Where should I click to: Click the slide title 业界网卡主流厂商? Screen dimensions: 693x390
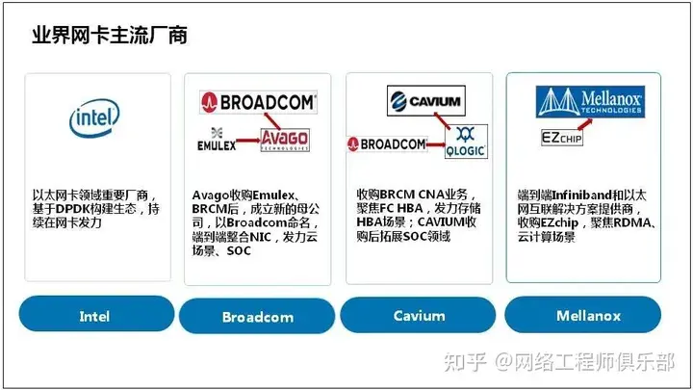coord(110,35)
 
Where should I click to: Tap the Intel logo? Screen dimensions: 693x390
coord(94,117)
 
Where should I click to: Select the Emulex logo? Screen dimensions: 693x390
coord(217,140)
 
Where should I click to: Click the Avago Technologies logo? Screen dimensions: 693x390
coord(285,140)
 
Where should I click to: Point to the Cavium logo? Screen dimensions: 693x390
coord(426,101)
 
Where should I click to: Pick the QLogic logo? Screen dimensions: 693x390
coord(466,142)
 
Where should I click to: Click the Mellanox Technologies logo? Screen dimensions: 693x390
coord(590,102)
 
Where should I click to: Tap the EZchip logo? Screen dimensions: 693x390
coord(562,138)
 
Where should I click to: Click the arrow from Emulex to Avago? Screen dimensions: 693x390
coord(248,141)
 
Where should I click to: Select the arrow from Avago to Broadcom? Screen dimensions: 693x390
coord(271,120)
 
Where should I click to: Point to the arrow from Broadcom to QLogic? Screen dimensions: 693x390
coord(436,144)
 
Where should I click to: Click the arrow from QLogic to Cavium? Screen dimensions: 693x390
coord(442,120)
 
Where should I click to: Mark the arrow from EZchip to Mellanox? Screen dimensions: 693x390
coord(585,124)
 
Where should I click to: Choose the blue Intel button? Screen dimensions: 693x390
coord(97,314)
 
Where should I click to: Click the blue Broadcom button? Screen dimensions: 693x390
coord(257,316)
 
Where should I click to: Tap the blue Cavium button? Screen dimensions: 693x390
coord(418,315)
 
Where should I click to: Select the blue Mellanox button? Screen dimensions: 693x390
coord(583,314)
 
